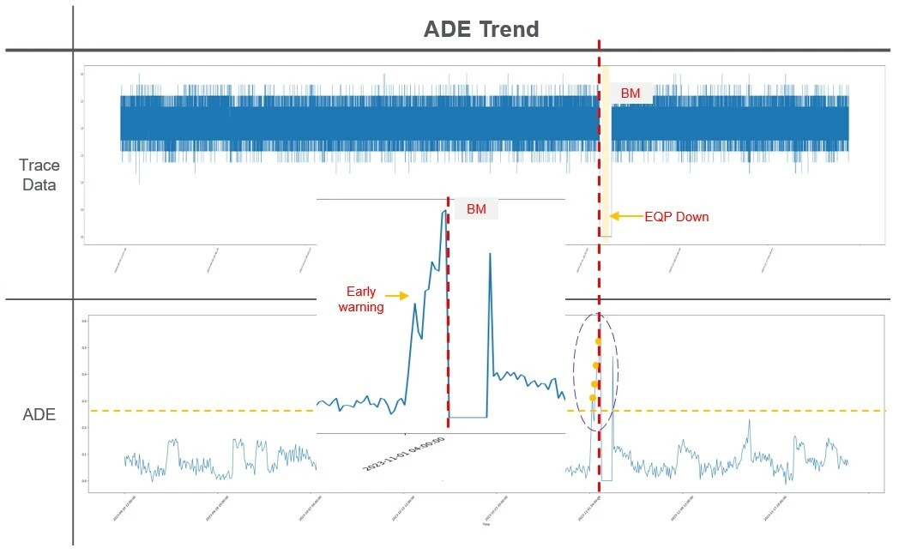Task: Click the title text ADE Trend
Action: [481, 29]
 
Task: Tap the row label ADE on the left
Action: [39, 415]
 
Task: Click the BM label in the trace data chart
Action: [630, 93]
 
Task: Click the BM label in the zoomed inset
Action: [475, 209]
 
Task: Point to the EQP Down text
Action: [677, 217]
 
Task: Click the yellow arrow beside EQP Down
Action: [627, 217]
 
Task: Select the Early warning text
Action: [361, 299]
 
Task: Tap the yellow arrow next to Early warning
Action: [396, 296]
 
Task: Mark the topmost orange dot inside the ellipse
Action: [598, 341]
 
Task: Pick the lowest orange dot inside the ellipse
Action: [593, 398]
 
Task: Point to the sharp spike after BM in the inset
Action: [490, 256]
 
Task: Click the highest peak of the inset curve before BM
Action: [444, 211]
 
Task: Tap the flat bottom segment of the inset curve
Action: [468, 418]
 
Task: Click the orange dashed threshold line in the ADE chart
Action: [729, 411]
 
